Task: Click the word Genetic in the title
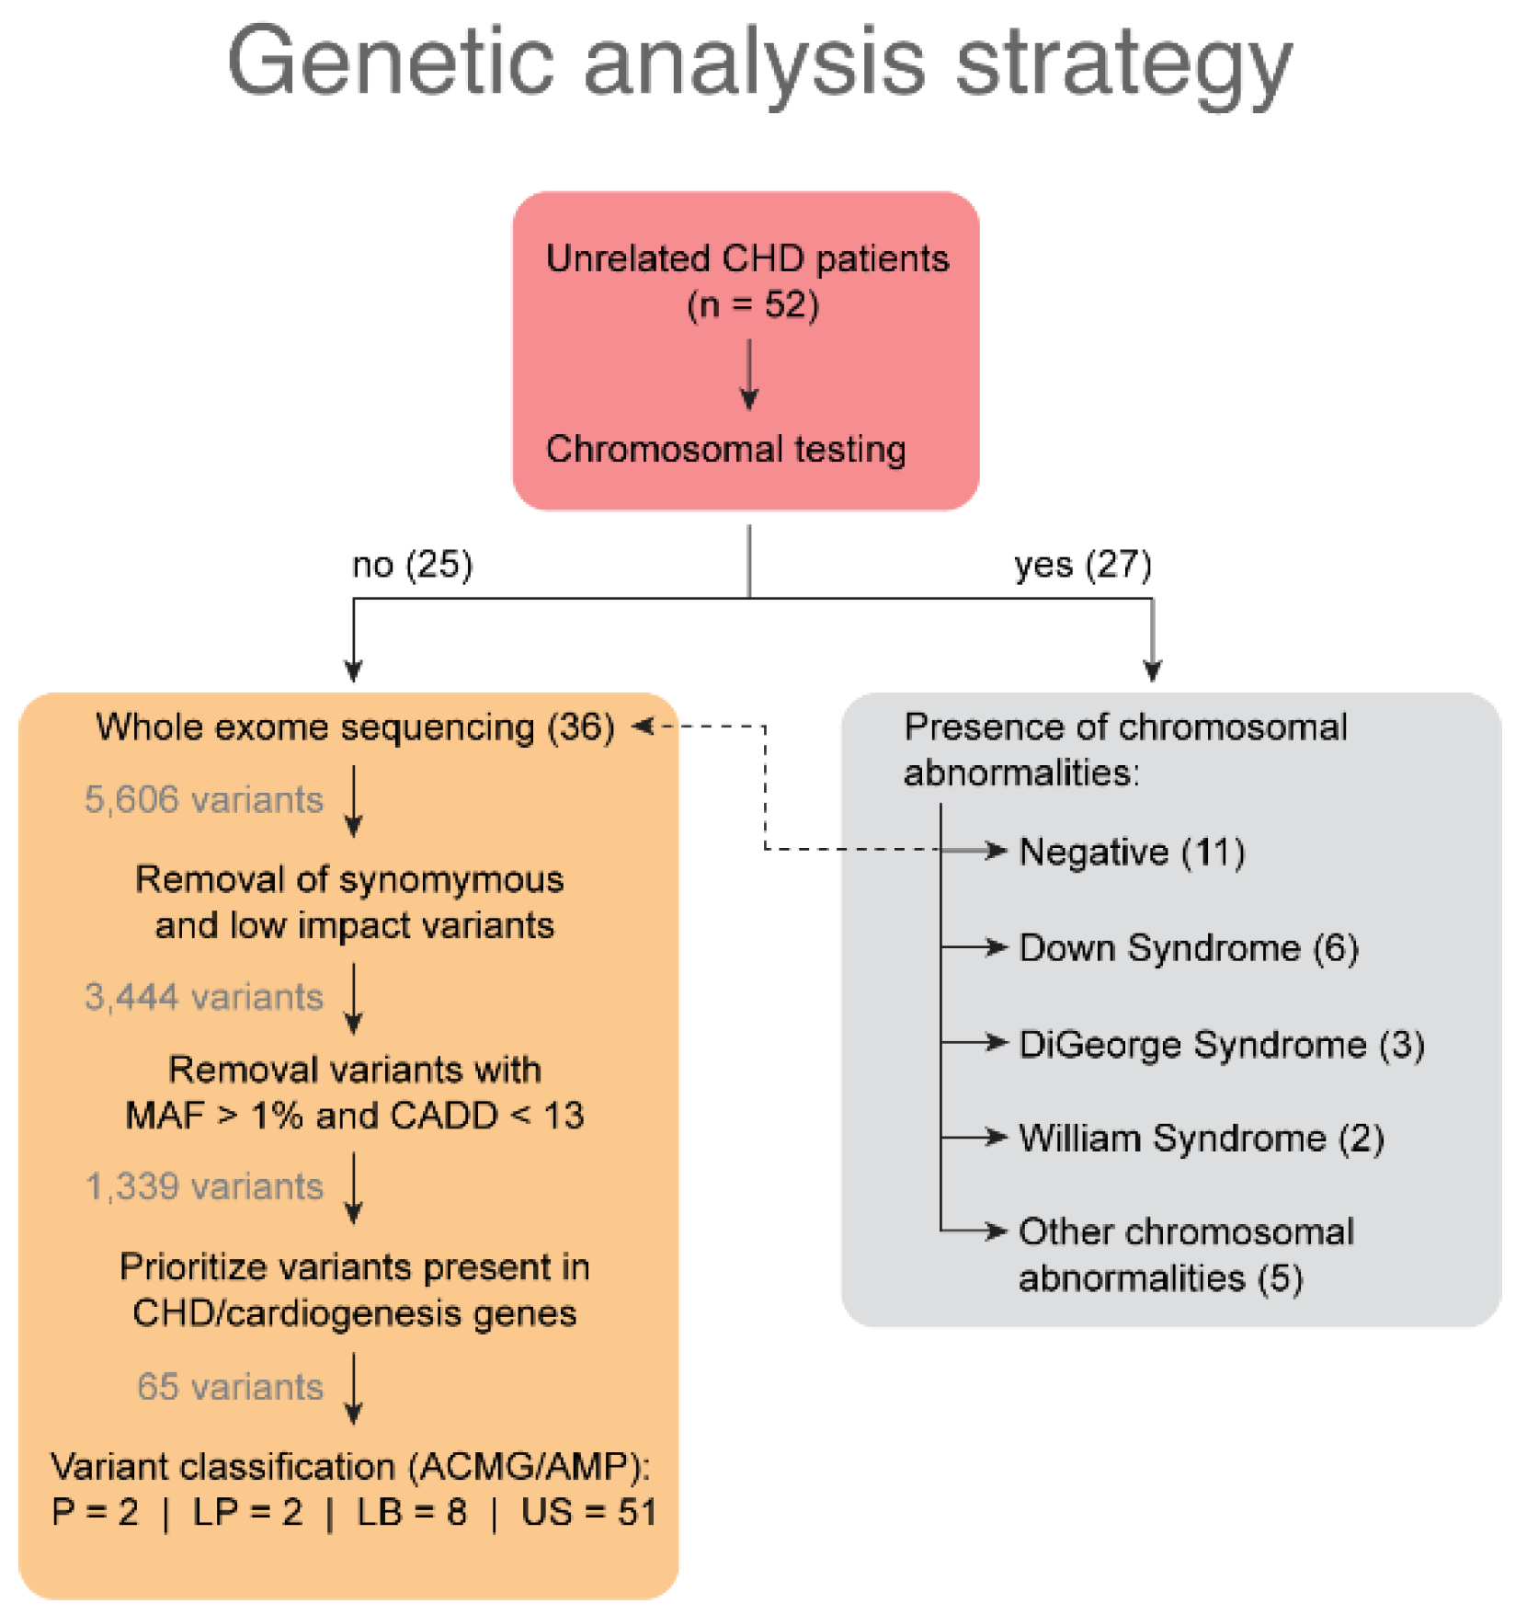(390, 63)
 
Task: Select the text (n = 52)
(752, 304)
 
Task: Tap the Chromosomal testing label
(725, 450)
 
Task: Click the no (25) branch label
(412, 565)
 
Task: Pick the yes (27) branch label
(1082, 565)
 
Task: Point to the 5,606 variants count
(203, 800)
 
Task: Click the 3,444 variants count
(203, 997)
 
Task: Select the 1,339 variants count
(203, 1187)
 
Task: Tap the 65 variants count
(230, 1387)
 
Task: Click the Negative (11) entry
(1132, 853)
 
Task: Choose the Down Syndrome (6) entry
(1188, 948)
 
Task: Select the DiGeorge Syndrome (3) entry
(1221, 1045)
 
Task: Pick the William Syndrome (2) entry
(1201, 1139)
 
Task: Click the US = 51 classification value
(588, 1513)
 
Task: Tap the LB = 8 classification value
(411, 1513)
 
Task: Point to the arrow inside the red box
(749, 375)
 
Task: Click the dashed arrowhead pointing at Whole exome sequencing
(643, 727)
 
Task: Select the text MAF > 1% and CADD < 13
(354, 1116)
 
